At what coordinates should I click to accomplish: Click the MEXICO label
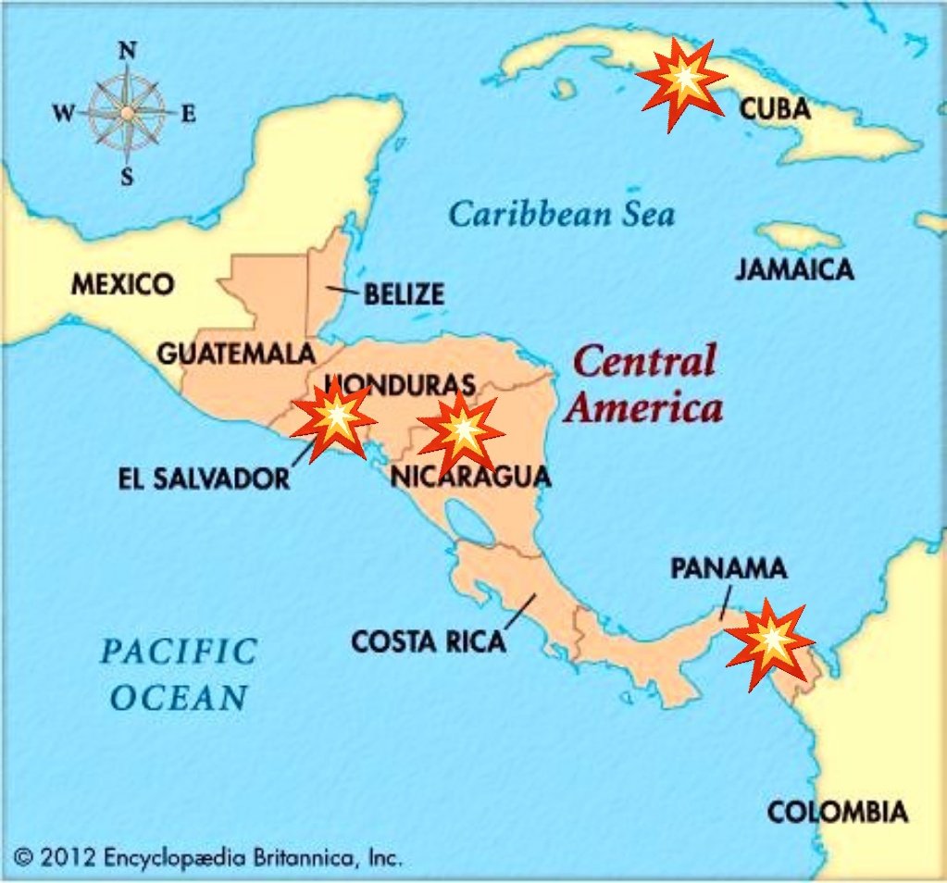coord(122,283)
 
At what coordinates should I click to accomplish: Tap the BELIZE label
coord(404,294)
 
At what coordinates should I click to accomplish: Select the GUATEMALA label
coord(236,354)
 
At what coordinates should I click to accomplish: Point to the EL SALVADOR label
coord(204,479)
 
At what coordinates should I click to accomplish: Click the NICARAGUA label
coord(470,477)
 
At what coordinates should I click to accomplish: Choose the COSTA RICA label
coord(429,640)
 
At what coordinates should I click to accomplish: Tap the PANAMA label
coord(729,568)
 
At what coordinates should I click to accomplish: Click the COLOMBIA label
coord(837,813)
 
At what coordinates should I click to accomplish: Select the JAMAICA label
coord(794,269)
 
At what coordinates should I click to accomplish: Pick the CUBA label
coord(775,109)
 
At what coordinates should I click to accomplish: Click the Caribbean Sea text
coord(562,215)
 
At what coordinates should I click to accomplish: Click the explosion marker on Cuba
coord(683,83)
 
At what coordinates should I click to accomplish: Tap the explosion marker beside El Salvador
coord(334,421)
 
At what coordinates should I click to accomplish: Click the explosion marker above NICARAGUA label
coord(460,431)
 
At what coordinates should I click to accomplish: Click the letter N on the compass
coord(127,53)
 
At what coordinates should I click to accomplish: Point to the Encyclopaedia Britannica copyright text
coord(208,857)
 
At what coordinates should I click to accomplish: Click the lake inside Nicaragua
coord(468,522)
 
